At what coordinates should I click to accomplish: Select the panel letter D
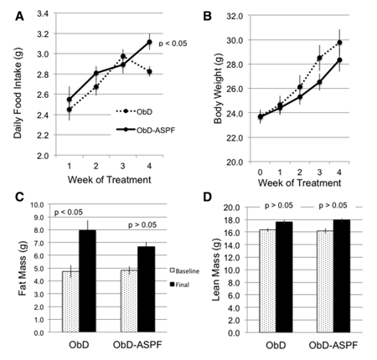[x=203, y=198]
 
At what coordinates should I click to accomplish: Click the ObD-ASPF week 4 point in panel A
[x=149, y=42]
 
